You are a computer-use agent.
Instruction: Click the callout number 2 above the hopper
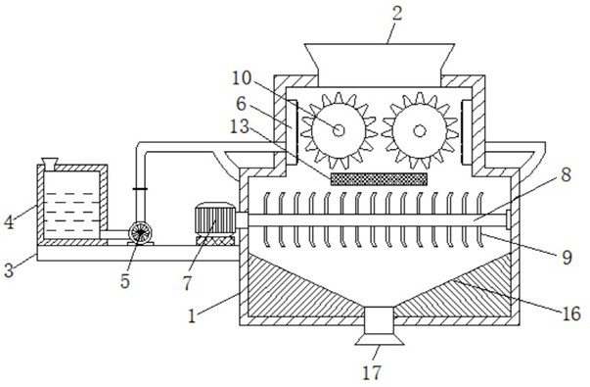(x=397, y=14)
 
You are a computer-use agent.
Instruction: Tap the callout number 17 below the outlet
(x=372, y=372)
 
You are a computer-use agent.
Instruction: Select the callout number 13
(x=240, y=126)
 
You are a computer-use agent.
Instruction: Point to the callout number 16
(x=572, y=314)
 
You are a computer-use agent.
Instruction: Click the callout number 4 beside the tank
(x=9, y=222)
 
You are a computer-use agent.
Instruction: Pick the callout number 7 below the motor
(x=188, y=283)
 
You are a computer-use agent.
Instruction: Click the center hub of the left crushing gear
(x=339, y=130)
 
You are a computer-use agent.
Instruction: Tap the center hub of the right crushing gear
(x=420, y=130)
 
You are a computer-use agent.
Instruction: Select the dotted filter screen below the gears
(x=379, y=179)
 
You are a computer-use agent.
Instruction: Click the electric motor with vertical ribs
(x=215, y=219)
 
